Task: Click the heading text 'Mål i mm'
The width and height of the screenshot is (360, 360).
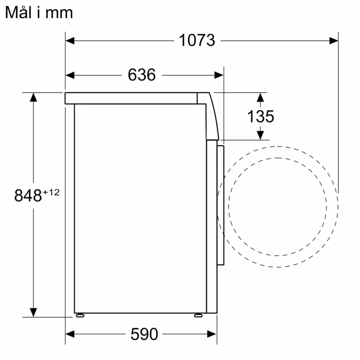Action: click(x=39, y=13)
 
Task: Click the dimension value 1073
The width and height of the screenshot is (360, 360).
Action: click(x=197, y=40)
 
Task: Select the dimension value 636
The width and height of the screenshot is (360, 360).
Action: click(x=141, y=75)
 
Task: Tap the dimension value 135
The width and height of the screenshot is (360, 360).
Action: click(x=260, y=116)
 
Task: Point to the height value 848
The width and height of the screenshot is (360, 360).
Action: click(x=28, y=195)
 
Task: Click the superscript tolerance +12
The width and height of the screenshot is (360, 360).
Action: click(x=51, y=192)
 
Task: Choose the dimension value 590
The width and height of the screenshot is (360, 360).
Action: click(x=144, y=334)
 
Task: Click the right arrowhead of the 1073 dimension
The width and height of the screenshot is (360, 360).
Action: click(x=334, y=40)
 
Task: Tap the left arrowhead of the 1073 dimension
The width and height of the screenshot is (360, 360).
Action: click(x=70, y=40)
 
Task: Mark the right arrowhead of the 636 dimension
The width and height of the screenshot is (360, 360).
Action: click(x=219, y=75)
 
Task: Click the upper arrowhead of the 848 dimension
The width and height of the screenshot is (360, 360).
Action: click(x=33, y=97)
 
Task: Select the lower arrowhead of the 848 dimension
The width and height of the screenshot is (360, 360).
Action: click(x=33, y=312)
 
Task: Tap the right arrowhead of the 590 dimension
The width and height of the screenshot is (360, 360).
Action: click(x=212, y=334)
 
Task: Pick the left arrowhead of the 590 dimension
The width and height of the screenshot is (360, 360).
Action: click(x=70, y=334)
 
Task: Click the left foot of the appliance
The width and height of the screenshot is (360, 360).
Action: click(x=80, y=315)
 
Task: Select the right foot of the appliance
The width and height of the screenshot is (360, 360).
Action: click(x=198, y=315)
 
